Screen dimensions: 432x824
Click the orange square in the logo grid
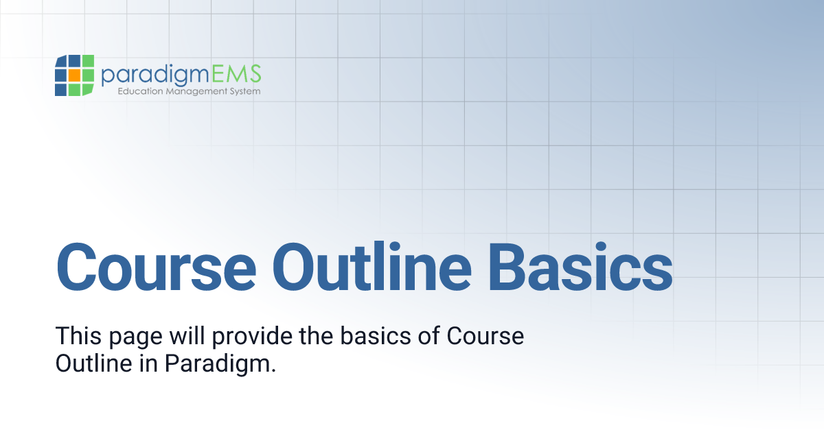point(74,75)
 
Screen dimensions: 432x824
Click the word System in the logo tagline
point(244,91)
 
